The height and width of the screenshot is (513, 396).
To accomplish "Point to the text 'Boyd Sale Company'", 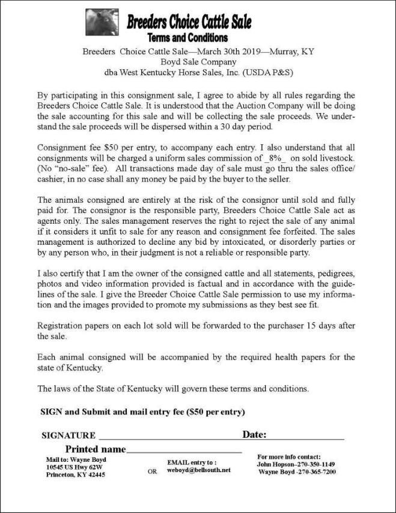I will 198,61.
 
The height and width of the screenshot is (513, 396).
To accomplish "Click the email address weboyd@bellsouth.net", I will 198,470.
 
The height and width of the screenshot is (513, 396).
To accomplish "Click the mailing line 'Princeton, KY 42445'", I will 76,475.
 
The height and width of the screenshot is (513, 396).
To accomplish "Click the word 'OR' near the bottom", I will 152,472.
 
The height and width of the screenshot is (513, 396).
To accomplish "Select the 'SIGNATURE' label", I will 68,435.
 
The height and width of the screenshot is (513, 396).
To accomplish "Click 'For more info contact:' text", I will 288,456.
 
